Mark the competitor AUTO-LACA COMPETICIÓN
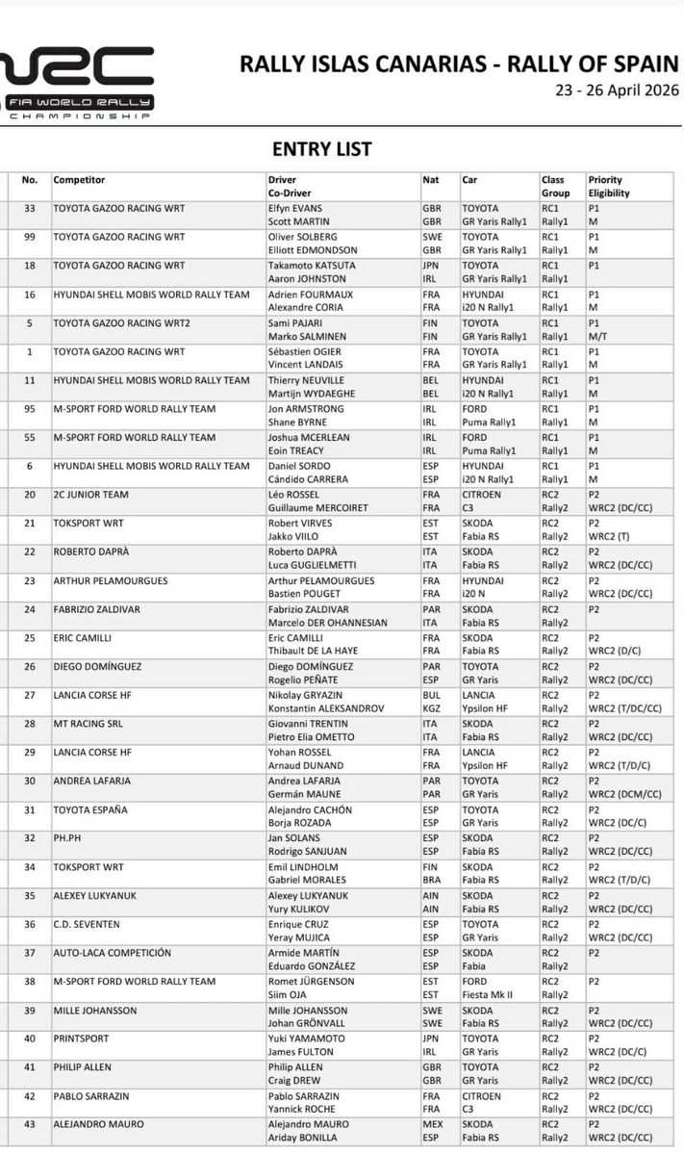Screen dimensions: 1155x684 [x=112, y=953]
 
